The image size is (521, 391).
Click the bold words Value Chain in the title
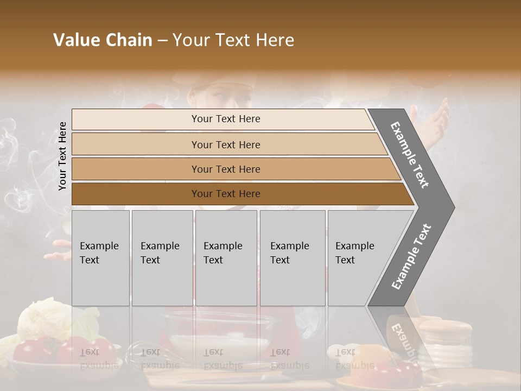pos(103,40)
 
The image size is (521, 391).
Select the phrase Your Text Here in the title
pos(233,40)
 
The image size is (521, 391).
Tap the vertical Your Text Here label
pos(62,156)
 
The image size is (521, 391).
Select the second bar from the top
pos(225,144)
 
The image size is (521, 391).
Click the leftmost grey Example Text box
pos(100,257)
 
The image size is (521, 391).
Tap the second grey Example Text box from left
pos(162,257)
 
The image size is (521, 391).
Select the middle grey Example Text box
pos(226,257)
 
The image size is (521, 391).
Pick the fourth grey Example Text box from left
pos(292,257)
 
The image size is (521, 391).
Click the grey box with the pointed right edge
pos(361,257)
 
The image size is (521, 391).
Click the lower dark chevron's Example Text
pos(411,257)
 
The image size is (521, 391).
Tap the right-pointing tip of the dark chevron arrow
pos(452,207)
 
